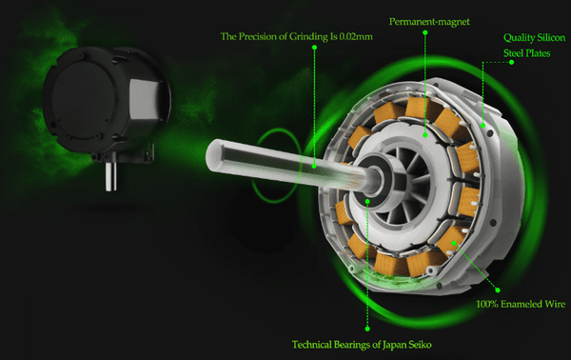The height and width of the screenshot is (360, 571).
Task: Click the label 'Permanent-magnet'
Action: click(x=429, y=22)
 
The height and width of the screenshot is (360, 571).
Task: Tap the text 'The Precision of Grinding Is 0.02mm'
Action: click(x=296, y=36)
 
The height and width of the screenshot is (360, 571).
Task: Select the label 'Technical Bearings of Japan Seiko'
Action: click(x=362, y=345)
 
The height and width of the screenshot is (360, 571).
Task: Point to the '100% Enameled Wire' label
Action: click(x=521, y=304)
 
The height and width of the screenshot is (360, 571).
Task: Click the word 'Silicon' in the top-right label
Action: click(x=550, y=37)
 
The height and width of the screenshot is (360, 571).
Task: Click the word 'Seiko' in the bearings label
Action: click(x=420, y=345)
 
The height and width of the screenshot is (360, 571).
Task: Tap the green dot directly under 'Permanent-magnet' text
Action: click(x=425, y=32)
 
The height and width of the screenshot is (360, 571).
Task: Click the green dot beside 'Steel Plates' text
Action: click(x=511, y=62)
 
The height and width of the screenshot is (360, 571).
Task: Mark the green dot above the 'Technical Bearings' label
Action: click(x=367, y=329)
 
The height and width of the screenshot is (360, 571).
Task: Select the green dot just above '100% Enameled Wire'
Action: click(x=498, y=290)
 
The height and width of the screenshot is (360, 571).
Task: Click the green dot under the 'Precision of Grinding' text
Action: click(x=314, y=48)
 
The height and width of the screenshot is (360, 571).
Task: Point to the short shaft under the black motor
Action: click(x=110, y=177)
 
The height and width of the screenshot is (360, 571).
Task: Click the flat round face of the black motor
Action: click(x=84, y=101)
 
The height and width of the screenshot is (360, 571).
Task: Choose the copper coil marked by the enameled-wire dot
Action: click(x=452, y=241)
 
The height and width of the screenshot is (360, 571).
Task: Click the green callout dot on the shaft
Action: click(x=314, y=166)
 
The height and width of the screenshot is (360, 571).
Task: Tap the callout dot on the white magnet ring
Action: click(x=425, y=135)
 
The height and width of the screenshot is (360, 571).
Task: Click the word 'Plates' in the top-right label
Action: click(x=539, y=53)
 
